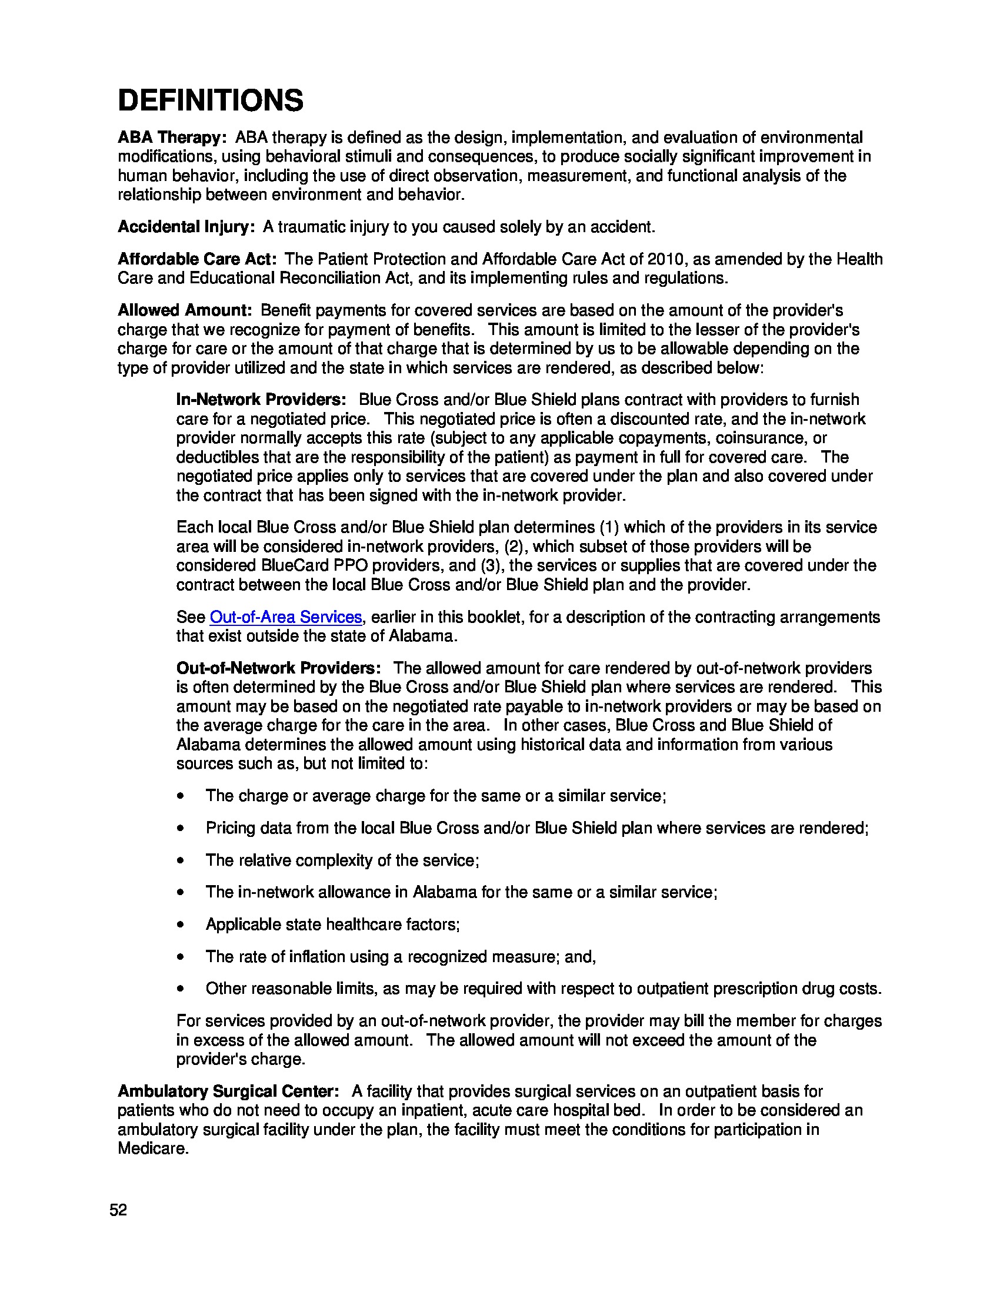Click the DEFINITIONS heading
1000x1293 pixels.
211,100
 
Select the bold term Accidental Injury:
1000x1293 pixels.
186,227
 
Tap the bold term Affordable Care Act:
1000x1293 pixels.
196,259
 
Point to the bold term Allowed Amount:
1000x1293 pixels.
185,310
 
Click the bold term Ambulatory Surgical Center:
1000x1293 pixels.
228,1091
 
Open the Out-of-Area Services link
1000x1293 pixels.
285,617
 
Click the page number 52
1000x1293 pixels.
118,1210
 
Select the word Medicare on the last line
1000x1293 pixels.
152,1148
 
